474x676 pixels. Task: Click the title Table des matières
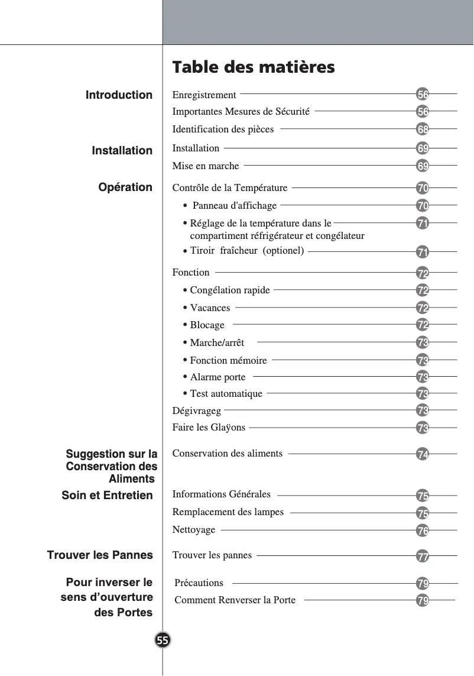click(x=253, y=67)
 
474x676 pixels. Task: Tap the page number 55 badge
click(x=163, y=640)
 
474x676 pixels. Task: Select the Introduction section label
click(x=119, y=95)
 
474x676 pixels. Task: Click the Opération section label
click(x=125, y=187)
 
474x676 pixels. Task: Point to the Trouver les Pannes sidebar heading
click(x=100, y=555)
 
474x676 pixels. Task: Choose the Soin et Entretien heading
click(x=107, y=495)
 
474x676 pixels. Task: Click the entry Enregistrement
click(x=204, y=95)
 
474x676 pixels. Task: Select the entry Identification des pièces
click(x=223, y=129)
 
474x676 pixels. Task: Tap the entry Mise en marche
click(x=206, y=166)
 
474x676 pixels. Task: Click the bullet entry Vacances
click(x=210, y=308)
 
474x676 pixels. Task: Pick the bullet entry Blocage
click(x=207, y=325)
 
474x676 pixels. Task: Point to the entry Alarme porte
click(x=217, y=377)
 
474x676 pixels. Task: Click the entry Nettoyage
click(x=194, y=530)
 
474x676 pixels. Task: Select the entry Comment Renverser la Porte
click(x=235, y=600)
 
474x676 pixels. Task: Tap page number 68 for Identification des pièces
click(x=423, y=129)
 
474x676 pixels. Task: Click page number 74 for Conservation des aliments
click(x=423, y=454)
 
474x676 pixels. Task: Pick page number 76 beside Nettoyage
click(x=423, y=531)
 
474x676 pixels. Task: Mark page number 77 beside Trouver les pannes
click(x=423, y=556)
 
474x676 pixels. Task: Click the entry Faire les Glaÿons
click(x=209, y=428)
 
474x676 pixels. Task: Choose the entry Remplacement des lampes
click(x=228, y=512)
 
